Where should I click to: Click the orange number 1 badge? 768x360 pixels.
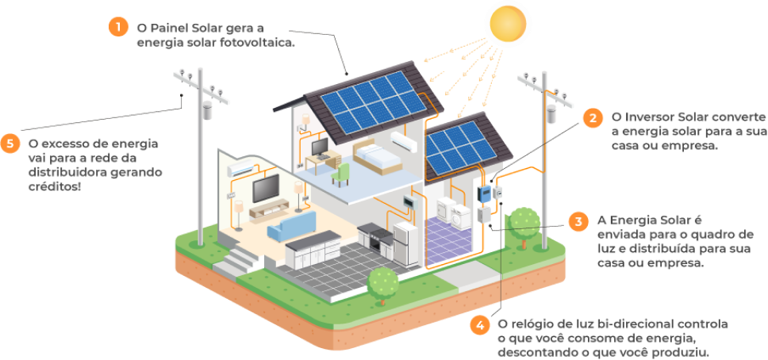(117, 26)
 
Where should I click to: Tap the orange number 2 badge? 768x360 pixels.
(592, 119)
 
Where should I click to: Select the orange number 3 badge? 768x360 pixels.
(579, 221)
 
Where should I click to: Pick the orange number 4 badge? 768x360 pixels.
(478, 325)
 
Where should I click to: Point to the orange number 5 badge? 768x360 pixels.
(10, 143)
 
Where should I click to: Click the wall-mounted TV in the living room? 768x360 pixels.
(266, 188)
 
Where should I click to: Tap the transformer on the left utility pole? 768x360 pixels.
(206, 110)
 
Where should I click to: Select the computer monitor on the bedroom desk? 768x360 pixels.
(320, 147)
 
